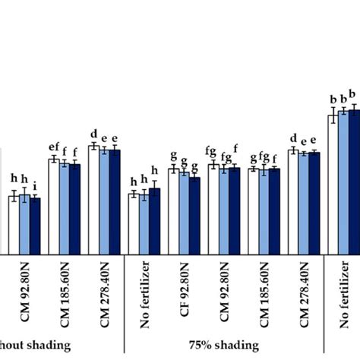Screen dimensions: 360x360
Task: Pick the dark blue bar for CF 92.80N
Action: pos(194,215)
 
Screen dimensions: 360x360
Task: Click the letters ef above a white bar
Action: pos(53,147)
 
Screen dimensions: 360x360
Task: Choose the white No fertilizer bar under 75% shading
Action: pos(134,223)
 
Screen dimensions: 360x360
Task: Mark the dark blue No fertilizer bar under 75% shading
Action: pos(155,221)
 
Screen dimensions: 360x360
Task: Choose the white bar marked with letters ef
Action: pos(53,206)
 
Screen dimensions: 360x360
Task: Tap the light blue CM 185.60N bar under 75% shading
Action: pos(264,212)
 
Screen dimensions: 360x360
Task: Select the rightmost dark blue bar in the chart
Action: pos(353,182)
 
